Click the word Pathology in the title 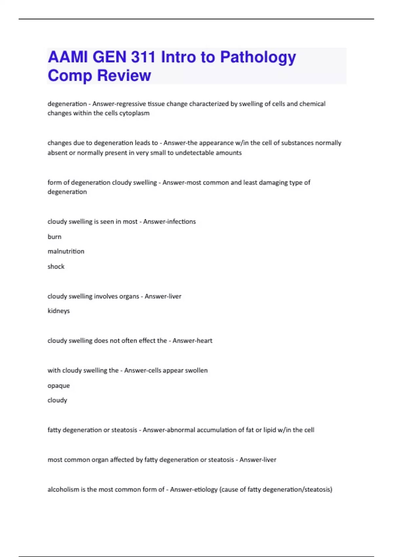pos(258,57)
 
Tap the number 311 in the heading pos(143,57)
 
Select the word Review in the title pos(124,75)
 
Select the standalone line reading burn pos(54,237)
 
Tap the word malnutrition pos(66,251)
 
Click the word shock pos(56,266)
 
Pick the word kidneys pos(59,311)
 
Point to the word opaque pos(59,386)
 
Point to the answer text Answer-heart pos(192,340)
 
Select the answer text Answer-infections pos(169,221)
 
